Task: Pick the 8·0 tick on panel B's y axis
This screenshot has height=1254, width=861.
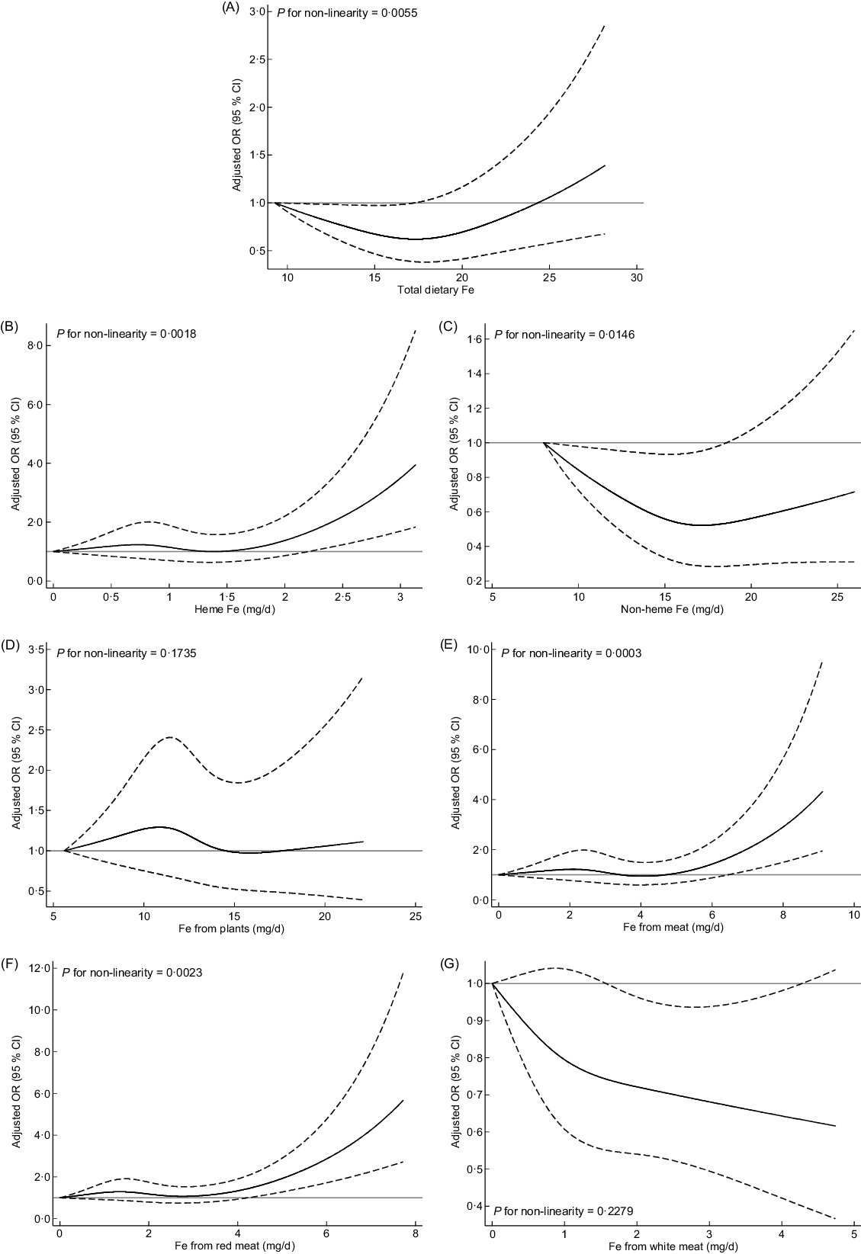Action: click(35, 346)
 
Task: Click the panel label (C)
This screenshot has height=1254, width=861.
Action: click(449, 326)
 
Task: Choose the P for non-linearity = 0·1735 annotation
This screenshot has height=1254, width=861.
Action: click(127, 653)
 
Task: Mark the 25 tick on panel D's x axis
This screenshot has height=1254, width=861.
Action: click(416, 915)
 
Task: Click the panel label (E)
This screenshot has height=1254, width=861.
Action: click(449, 645)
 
